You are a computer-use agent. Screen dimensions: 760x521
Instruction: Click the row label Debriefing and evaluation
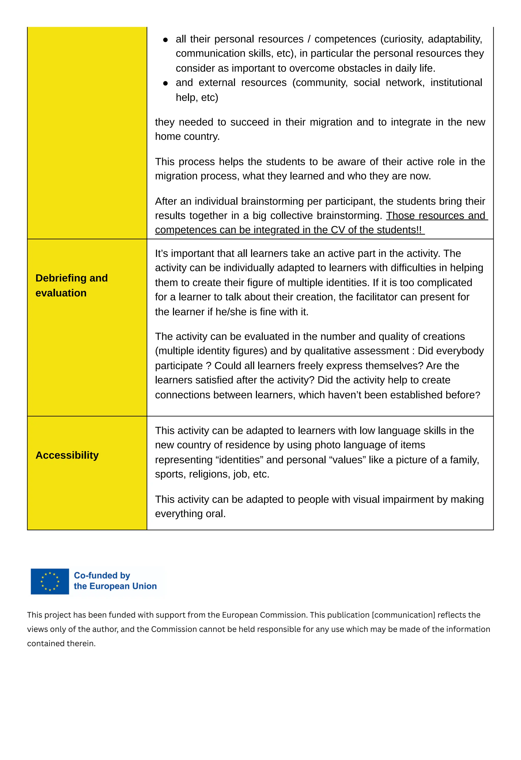coord(71,285)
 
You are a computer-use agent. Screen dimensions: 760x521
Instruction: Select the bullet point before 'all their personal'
coord(165,40)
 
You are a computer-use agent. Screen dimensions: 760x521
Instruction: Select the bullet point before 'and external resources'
coord(165,84)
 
